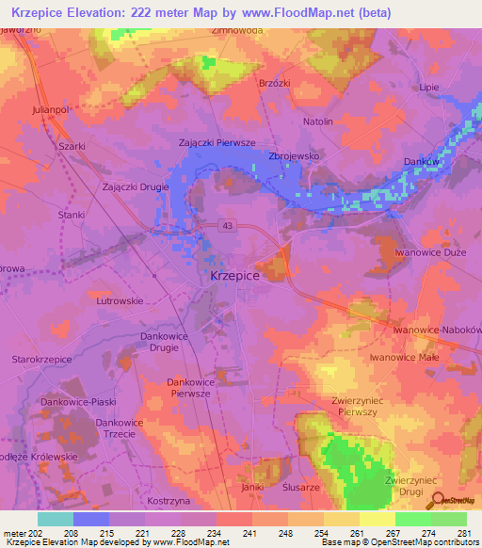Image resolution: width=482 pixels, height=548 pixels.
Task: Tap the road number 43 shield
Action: pos(229,225)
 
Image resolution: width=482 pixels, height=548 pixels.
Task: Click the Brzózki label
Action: pos(274,83)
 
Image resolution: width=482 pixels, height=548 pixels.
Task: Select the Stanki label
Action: pos(72,216)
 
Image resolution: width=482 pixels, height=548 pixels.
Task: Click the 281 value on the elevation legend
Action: pos(465,533)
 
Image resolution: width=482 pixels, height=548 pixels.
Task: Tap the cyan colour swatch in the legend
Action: pos(55,519)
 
